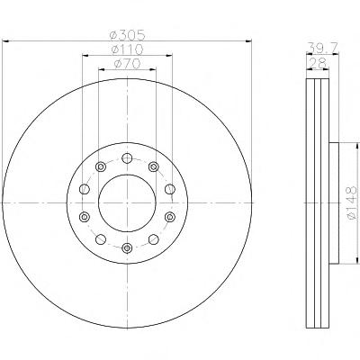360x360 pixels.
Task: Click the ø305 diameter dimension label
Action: pos(127,36)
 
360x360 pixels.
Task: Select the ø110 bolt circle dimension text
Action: pos(127,49)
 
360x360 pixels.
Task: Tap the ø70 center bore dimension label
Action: pos(127,63)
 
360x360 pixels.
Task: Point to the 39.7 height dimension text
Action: pos(323,47)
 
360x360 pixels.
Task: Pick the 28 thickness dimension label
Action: pos(318,63)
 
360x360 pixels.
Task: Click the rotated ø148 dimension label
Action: pos(351,202)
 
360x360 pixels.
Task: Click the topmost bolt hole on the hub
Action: pos(127,157)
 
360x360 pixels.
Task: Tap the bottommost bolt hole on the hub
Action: pos(127,247)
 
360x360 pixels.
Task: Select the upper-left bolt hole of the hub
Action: pos(101,166)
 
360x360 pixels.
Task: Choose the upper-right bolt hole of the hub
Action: pos(154,166)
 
